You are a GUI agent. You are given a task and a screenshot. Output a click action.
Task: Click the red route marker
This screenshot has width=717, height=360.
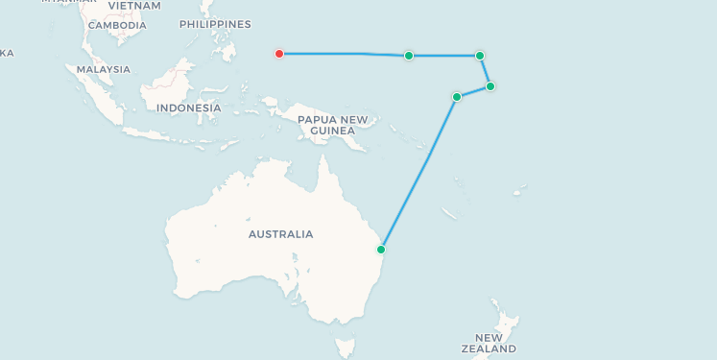point(279,54)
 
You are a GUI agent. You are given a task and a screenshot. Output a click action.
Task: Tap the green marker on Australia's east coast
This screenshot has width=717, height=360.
point(381,250)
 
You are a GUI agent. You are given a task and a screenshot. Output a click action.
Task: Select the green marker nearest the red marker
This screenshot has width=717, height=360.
point(409,56)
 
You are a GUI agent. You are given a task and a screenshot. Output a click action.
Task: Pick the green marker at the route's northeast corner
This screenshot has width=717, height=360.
point(480,56)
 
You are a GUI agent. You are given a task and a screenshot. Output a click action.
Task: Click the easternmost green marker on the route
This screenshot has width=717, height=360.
point(490,86)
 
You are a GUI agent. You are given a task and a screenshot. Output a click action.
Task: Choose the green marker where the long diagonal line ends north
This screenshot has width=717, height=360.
point(457,97)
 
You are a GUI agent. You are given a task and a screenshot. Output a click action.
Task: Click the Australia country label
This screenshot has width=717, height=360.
point(280,234)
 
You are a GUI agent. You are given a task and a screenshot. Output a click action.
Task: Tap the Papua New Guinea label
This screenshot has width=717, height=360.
point(332,125)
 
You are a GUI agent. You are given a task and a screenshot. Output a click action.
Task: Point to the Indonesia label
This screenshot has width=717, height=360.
point(188,108)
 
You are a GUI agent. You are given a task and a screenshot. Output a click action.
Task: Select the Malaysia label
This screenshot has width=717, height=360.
point(103,69)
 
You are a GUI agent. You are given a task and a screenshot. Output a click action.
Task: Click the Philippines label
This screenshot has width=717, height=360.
point(215,24)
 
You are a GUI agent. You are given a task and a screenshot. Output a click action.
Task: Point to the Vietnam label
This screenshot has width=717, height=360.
point(134,6)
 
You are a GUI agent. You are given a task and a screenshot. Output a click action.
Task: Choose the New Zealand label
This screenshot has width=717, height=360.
point(488,344)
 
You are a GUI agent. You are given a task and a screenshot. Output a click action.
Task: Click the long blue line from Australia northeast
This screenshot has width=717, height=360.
point(418,174)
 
